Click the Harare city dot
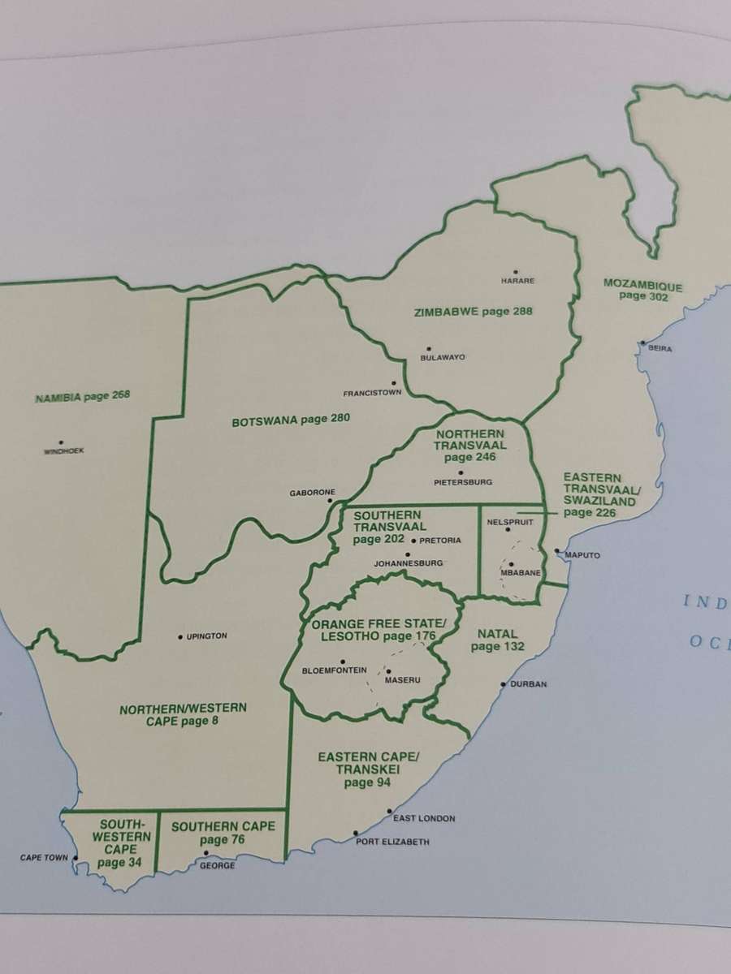point(515,273)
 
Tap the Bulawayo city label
point(442,358)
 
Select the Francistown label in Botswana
point(372,394)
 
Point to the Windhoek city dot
point(63,442)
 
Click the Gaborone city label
point(312,493)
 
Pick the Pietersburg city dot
point(461,472)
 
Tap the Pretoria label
point(441,541)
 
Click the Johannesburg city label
point(408,562)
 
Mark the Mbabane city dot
point(511,564)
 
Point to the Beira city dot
point(642,343)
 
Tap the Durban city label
point(528,684)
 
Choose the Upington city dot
point(180,636)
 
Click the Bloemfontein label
point(335,670)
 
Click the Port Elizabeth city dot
point(356,833)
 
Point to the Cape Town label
point(44,858)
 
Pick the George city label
point(217,866)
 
